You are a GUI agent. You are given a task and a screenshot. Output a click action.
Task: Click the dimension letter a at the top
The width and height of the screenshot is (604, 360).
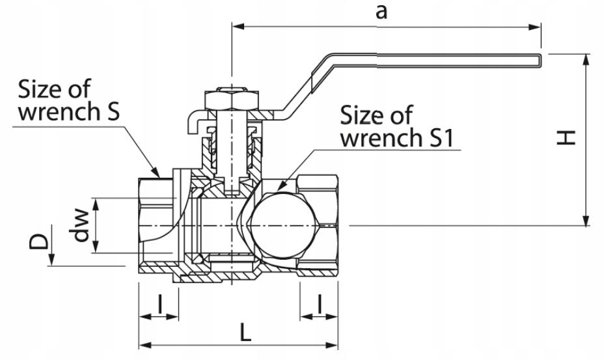[x=381, y=12]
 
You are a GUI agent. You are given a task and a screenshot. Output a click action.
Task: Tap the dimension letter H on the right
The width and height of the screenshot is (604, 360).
[x=566, y=137]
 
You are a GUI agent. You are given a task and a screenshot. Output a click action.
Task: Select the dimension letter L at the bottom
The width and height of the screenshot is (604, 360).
[x=245, y=332]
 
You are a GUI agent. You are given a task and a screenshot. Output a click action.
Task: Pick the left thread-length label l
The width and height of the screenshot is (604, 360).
[x=160, y=304]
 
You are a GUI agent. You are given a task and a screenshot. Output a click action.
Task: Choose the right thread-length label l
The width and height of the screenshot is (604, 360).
[x=320, y=304]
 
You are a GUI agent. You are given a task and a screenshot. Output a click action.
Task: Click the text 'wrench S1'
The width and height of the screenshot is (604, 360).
[x=397, y=137]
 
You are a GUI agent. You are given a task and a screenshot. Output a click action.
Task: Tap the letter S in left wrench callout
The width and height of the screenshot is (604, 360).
[x=112, y=111]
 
